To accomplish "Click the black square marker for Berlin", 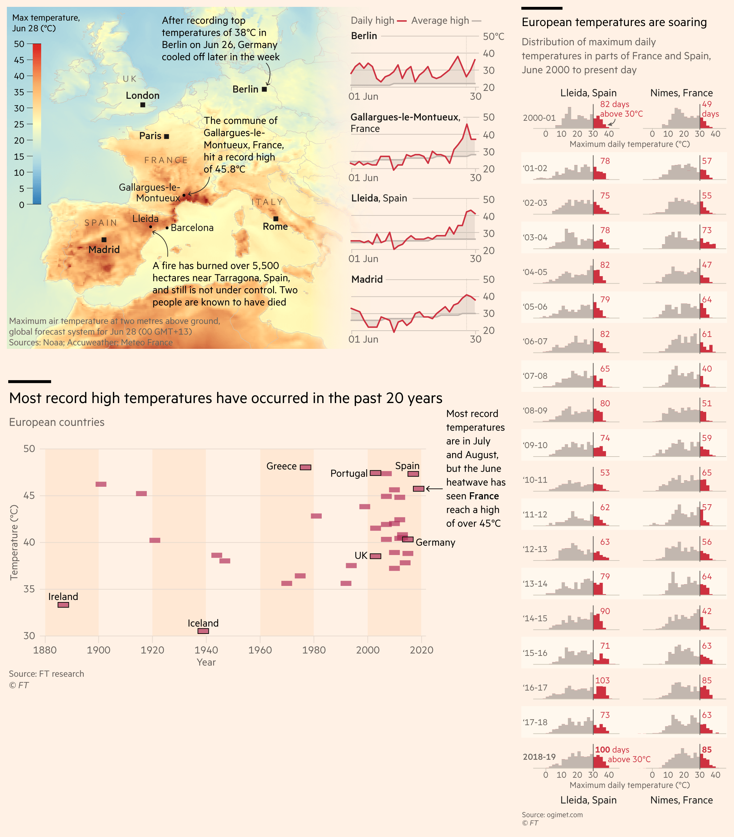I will [264, 89].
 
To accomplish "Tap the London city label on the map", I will [142, 95].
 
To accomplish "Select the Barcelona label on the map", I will [192, 228].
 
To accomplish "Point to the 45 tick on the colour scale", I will [19, 60].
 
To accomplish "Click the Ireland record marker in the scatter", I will [63, 605].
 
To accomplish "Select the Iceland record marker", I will [203, 631].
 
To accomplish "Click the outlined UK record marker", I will [375, 556].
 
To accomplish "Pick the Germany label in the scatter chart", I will [435, 543].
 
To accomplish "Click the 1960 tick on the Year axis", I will [260, 650].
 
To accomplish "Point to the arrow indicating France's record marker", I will [434, 488].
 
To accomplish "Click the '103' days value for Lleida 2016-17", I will [602, 680].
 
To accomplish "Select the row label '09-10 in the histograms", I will [535, 445].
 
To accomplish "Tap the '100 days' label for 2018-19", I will [612, 750].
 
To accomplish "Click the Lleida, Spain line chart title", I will [379, 198].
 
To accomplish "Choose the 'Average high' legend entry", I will [440, 21].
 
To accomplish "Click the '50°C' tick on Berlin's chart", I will [493, 36].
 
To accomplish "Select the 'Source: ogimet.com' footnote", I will [552, 814].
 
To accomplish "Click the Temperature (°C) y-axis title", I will [14, 542].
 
